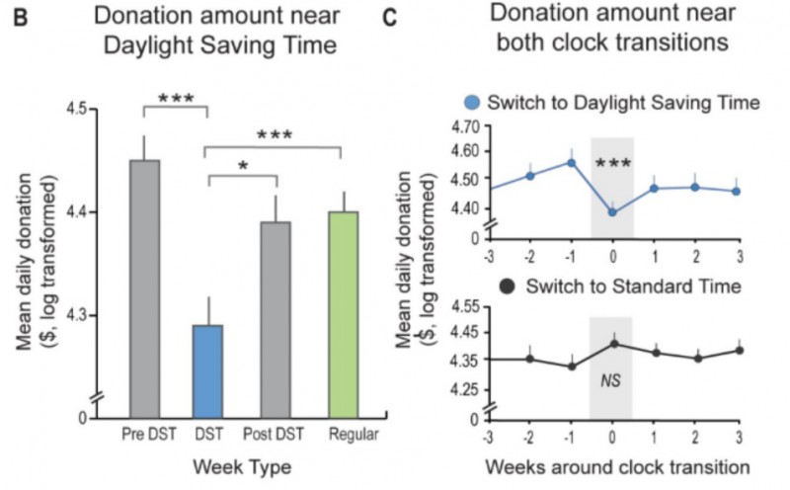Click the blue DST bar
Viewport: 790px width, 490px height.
(207, 370)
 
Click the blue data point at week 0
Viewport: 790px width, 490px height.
(612, 211)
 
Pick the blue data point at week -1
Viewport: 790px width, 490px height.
(571, 162)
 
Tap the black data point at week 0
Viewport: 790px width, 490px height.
(612, 343)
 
